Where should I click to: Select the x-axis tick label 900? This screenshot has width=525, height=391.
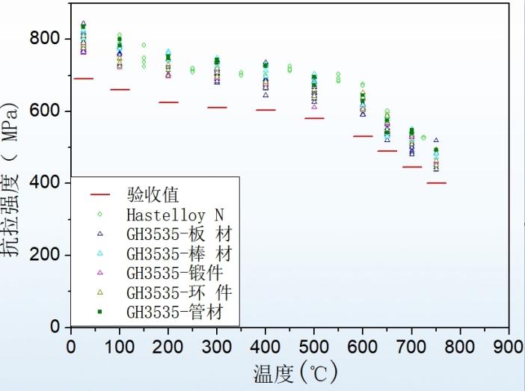point(508,347)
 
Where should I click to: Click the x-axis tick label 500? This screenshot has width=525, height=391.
point(313,347)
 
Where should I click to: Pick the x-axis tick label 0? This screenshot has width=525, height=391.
point(71,347)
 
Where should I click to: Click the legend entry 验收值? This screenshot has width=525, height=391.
point(153,195)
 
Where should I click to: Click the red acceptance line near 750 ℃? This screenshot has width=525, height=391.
point(436,182)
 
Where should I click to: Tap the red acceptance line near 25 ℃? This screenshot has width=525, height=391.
point(83,78)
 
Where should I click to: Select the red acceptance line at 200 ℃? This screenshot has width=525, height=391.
point(169,102)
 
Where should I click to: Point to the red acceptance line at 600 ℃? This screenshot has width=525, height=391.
point(363,136)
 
